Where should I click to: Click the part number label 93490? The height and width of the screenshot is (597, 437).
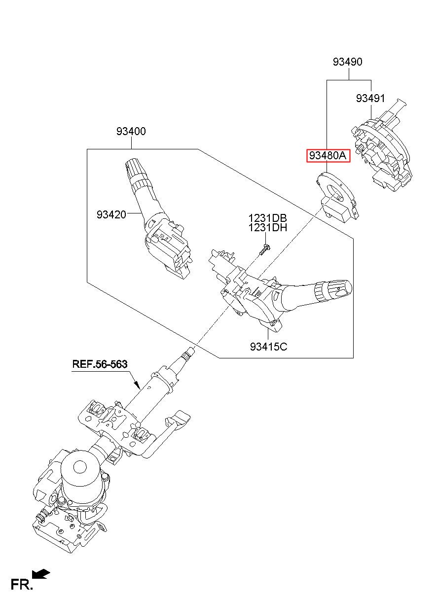[x=347, y=62]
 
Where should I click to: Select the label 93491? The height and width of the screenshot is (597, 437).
[x=370, y=99]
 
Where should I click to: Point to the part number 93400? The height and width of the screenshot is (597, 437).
[x=131, y=132]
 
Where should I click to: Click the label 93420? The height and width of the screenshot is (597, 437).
[x=111, y=214]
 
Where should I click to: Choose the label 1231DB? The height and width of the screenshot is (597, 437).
[x=267, y=218]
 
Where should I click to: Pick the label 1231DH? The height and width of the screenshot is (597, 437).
[x=267, y=228]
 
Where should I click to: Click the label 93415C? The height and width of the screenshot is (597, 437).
[x=268, y=347]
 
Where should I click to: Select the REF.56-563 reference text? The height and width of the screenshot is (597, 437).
[x=100, y=364]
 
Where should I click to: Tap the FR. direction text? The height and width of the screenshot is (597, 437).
[x=22, y=585]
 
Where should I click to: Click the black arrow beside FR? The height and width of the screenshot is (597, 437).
[x=41, y=573]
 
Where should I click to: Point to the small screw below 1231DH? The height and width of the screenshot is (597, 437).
[x=264, y=248]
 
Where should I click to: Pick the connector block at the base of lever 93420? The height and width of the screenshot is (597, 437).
[x=168, y=249]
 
